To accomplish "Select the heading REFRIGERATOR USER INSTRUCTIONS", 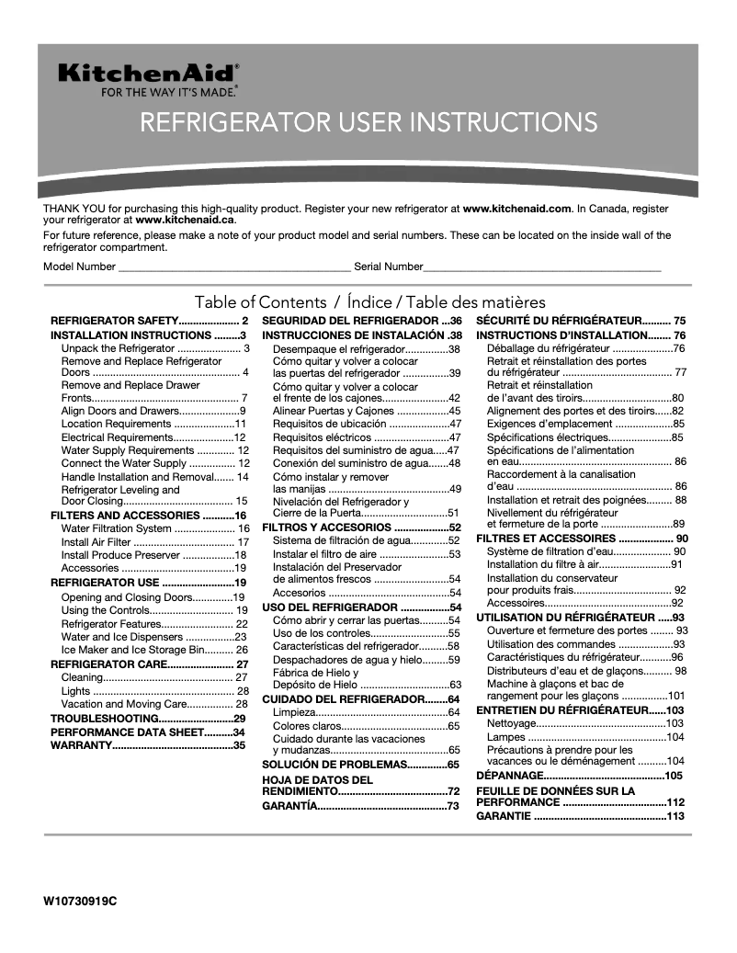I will (x=368, y=122).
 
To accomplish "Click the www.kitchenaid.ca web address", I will (x=185, y=221).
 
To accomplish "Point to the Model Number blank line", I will (x=233, y=267).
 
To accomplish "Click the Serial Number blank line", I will (x=542, y=267).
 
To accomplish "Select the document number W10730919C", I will (x=80, y=902).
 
